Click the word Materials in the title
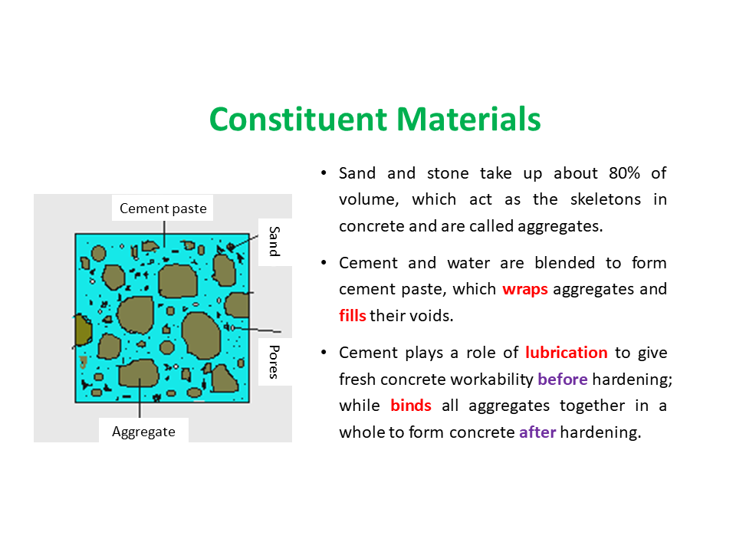click(468, 120)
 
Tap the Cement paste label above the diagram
click(163, 209)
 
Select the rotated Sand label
click(274, 242)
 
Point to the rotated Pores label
click(274, 362)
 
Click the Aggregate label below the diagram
click(143, 432)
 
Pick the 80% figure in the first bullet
click(624, 172)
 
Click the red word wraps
click(524, 289)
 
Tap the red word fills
click(353, 315)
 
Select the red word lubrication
click(566, 352)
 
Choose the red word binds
click(411, 405)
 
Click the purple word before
click(562, 379)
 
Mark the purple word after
click(537, 432)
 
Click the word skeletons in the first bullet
click(606, 199)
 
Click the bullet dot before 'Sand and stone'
click(324, 173)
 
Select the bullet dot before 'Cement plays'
click(324, 353)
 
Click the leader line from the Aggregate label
click(140, 398)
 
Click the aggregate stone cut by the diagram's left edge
click(83, 330)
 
